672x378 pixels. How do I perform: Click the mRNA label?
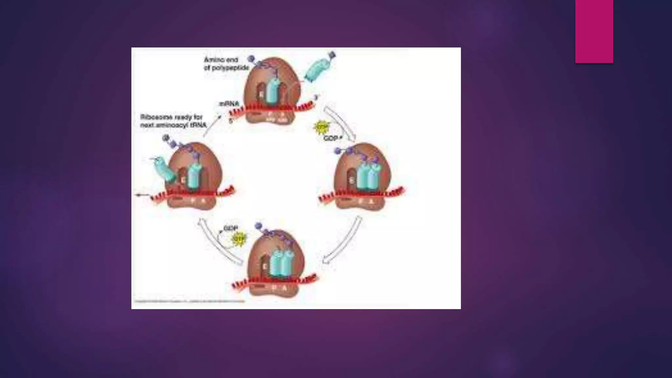[229, 104]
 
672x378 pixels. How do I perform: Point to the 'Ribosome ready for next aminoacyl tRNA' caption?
[173, 121]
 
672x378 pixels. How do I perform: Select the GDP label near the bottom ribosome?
[231, 228]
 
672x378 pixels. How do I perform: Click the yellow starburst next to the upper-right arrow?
[321, 127]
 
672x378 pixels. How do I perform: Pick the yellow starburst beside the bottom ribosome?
[239, 239]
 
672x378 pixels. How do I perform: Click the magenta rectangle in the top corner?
[594, 31]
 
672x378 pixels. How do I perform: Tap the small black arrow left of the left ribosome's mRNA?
[141, 195]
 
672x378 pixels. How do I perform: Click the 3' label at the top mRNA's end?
[316, 96]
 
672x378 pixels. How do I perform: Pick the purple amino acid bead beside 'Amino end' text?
[251, 59]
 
